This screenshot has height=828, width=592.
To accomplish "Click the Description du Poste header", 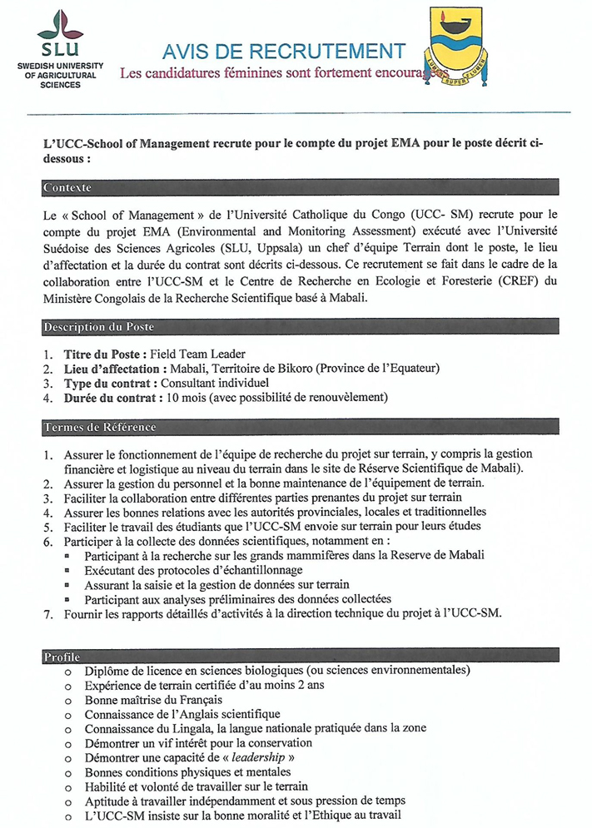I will pyautogui.click(x=97, y=328).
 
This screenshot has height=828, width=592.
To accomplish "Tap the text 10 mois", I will pyautogui.click(x=186, y=399).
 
